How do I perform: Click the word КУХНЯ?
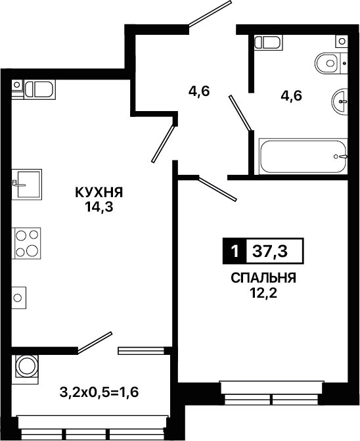99,193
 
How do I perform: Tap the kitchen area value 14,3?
99,207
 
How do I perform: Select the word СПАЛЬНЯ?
263,279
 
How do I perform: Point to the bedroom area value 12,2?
263,293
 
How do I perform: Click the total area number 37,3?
270,251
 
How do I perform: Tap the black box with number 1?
235,251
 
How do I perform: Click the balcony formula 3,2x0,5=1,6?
99,392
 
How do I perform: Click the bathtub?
303,156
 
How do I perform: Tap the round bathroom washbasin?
340,101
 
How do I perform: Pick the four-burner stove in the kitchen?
26,243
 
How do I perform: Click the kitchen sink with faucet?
27,185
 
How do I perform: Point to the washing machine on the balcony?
25,369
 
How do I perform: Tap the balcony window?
92,426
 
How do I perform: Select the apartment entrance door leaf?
210,14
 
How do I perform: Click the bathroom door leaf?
240,113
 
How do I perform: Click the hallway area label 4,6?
199,91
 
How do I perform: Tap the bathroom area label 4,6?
291,96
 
